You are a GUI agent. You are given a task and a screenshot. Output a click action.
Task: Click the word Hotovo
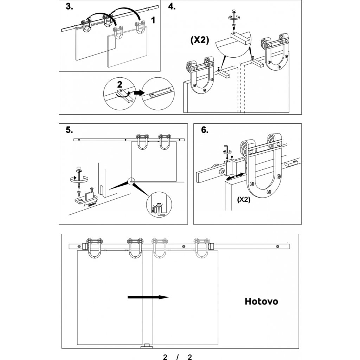point(261,302)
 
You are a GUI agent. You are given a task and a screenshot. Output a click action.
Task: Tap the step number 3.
point(69,7)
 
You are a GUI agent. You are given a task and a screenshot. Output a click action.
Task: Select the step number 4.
point(172,7)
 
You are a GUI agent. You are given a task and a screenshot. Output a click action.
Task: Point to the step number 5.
point(69,130)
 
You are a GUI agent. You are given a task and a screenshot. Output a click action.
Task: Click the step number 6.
point(204,130)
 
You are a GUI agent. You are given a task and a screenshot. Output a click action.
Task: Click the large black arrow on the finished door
point(148,297)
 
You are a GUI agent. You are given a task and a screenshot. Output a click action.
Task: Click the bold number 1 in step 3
point(153,20)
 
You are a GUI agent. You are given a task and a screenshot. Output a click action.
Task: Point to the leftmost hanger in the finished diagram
point(94,247)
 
